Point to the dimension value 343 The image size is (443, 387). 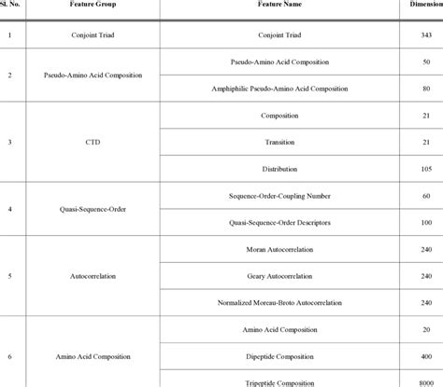click(426, 35)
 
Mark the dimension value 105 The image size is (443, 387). click(426, 171)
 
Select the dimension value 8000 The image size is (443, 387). click(425, 382)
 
